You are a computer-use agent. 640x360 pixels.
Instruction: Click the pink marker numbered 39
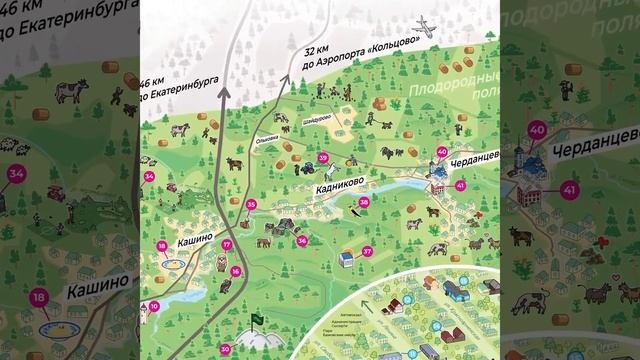323,158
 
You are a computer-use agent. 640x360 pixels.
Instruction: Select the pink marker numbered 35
251,205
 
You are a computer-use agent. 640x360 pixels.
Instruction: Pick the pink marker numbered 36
302,240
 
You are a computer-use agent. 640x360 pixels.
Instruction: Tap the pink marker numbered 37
367,251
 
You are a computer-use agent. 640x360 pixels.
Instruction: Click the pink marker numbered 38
364,202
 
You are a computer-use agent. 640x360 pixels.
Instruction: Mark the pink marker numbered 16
235,271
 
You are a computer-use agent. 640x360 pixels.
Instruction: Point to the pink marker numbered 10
154,306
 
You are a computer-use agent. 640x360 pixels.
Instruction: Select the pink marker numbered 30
225,347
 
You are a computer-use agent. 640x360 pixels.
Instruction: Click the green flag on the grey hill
255,319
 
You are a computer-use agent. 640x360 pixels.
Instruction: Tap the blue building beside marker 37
345,259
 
